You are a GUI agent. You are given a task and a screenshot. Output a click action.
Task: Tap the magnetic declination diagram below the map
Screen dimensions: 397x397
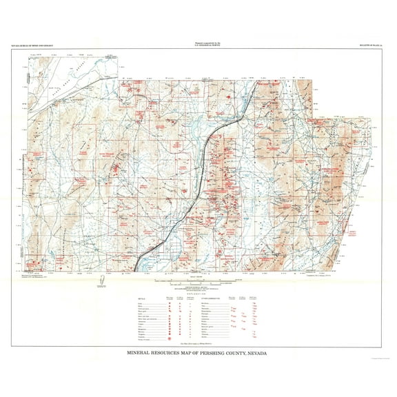pyautogui.click(x=101, y=281)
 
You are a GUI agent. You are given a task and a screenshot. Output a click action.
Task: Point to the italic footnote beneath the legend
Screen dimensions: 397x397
pyautogui.click(x=198, y=343)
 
